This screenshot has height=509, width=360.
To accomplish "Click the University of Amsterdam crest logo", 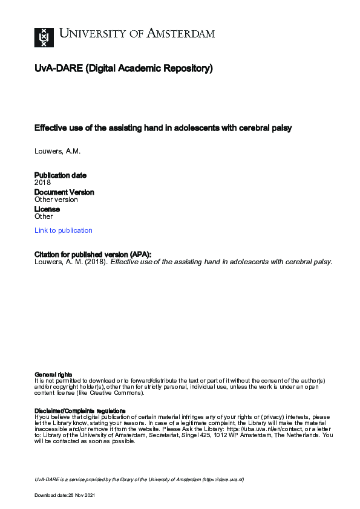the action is [x=44, y=37].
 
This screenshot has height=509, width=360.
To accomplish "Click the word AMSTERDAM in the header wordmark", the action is [x=180, y=34].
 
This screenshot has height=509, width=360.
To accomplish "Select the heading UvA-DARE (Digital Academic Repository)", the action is [x=123, y=69].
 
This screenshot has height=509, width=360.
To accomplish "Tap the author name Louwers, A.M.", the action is [x=57, y=150].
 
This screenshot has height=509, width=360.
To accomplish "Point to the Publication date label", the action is [x=61, y=175].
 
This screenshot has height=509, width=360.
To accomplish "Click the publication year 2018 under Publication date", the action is [x=43, y=183].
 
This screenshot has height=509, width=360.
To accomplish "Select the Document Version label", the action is [x=64, y=192].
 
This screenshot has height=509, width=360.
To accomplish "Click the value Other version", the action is [x=56, y=199].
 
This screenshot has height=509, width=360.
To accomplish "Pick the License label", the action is [x=47, y=209].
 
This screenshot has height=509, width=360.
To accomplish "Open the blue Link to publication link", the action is [x=64, y=230].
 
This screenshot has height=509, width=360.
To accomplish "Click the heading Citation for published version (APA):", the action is [x=93, y=254].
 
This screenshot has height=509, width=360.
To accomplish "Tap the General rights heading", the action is [x=54, y=375].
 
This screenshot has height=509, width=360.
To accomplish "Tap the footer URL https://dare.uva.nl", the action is [x=223, y=479].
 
